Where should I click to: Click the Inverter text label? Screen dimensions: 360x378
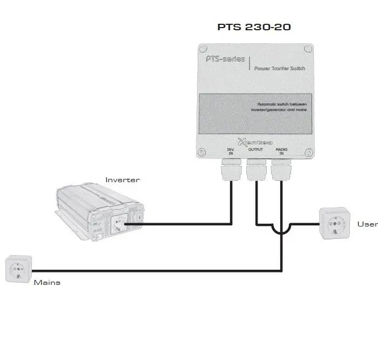click(x=122, y=180)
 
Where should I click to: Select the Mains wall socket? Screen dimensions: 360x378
click(x=18, y=269)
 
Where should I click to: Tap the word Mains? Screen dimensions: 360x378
click(x=47, y=282)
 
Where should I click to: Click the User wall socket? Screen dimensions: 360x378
click(x=334, y=223)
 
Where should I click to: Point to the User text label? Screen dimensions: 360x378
click(x=367, y=224)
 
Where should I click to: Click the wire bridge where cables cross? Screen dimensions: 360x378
click(x=281, y=230)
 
